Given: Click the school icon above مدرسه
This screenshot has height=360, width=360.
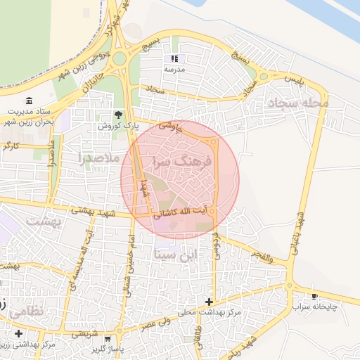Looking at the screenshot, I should click(x=174, y=58).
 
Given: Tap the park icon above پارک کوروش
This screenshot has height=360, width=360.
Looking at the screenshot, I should click(x=118, y=114).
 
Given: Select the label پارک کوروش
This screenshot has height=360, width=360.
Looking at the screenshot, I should click(x=117, y=125).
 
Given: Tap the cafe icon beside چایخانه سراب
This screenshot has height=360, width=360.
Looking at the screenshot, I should click(x=314, y=296).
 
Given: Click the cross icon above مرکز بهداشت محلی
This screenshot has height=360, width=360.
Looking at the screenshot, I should click(x=209, y=302).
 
